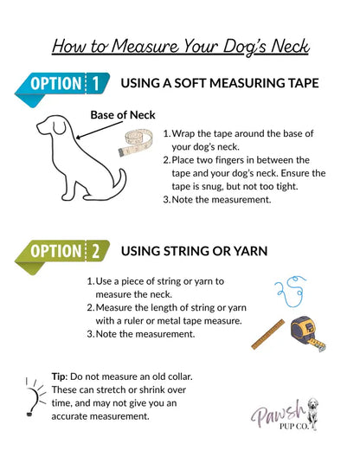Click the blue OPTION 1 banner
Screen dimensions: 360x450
click(62, 86)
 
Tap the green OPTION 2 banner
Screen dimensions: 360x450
click(62, 254)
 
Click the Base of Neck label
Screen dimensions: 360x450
click(123, 115)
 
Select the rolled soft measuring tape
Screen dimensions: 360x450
click(136, 143)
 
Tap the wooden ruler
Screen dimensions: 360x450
click(268, 334)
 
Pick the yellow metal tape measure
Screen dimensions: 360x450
click(307, 333)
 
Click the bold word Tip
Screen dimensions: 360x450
click(60, 376)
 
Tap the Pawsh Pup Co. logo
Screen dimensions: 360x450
click(285, 415)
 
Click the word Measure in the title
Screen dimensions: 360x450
click(145, 46)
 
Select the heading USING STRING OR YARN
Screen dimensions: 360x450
click(194, 251)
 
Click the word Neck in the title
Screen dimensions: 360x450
click(291, 46)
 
